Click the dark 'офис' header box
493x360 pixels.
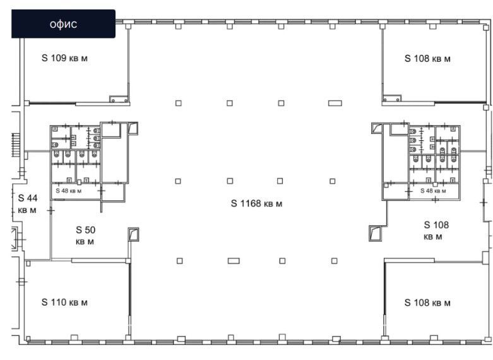(x=63, y=23)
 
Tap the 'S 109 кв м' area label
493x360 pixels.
(x=64, y=58)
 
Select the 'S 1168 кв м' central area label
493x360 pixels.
(x=256, y=203)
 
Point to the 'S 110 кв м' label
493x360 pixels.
(x=64, y=302)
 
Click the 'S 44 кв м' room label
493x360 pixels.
(x=28, y=204)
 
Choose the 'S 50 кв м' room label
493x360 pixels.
(x=85, y=236)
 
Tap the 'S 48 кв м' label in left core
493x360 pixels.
(x=69, y=191)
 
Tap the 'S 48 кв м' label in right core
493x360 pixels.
(x=433, y=191)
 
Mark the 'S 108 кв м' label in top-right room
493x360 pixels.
(x=427, y=58)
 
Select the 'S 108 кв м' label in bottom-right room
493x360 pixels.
(x=427, y=303)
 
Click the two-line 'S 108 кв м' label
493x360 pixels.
(x=436, y=231)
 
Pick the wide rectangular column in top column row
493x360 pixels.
(x=335, y=103)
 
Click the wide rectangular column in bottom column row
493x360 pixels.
(x=234, y=261)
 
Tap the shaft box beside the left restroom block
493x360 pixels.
(x=133, y=128)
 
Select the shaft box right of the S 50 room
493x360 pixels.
(x=133, y=234)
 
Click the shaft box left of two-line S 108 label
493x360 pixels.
(x=375, y=234)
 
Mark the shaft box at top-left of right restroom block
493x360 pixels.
(x=377, y=128)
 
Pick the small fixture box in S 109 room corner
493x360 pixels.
(x=119, y=99)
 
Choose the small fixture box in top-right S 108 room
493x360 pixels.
(x=392, y=98)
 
